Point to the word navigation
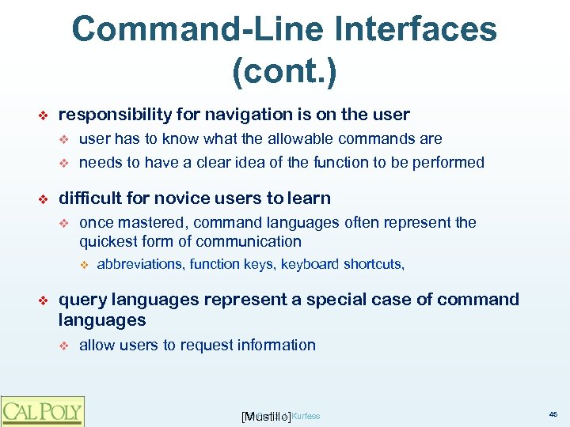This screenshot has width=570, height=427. coord(245,115)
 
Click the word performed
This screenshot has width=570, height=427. coord(450,163)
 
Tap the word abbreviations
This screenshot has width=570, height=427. coord(141,265)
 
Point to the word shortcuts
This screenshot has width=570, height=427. coord(374,265)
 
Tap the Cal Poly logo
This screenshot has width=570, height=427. coord(42,411)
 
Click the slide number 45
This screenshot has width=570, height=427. coord(552,414)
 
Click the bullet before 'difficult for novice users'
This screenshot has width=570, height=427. coord(44,199)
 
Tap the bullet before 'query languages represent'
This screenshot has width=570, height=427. coord(44,300)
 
